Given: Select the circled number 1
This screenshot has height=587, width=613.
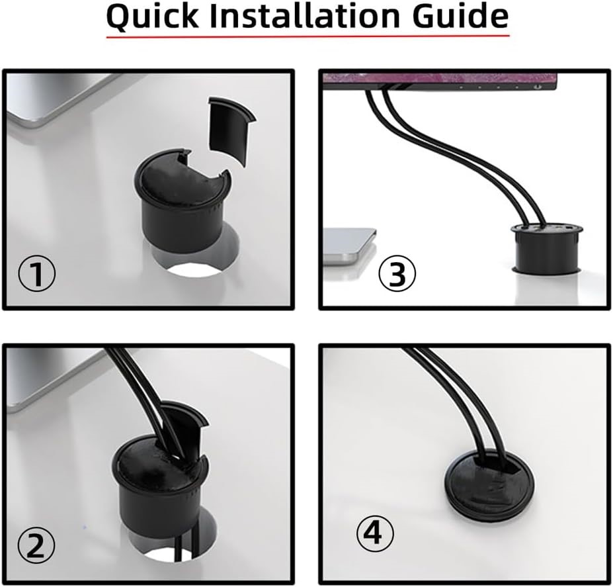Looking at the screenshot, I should click(x=36, y=274).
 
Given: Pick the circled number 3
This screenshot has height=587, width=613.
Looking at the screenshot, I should click(x=396, y=274).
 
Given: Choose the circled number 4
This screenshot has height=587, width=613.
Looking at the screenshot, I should click(x=375, y=533).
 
